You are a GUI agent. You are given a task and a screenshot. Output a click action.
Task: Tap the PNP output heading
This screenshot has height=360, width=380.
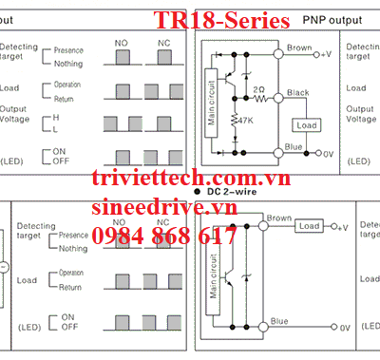pos(332,19)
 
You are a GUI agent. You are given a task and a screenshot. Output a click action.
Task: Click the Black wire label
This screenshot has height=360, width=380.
pos(298,92)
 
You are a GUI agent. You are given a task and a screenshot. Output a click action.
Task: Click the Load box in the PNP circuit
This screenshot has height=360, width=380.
pos(306,125)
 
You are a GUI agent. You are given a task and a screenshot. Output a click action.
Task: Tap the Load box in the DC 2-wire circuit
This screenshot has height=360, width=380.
pos(309,226)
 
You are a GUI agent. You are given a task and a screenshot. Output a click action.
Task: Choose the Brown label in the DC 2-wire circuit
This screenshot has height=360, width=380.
pos(279,218)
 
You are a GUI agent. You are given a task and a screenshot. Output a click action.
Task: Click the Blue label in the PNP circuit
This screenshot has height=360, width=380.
pos(294,146)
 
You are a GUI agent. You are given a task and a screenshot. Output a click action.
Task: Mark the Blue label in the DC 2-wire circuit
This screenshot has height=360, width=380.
pos(279,321)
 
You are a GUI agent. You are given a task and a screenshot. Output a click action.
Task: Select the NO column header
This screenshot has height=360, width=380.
pos(121,42)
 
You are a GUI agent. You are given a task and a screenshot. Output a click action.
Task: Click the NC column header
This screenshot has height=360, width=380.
pos(163,42)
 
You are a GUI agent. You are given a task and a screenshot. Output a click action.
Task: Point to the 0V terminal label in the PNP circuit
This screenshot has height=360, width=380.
pos(330,153)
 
